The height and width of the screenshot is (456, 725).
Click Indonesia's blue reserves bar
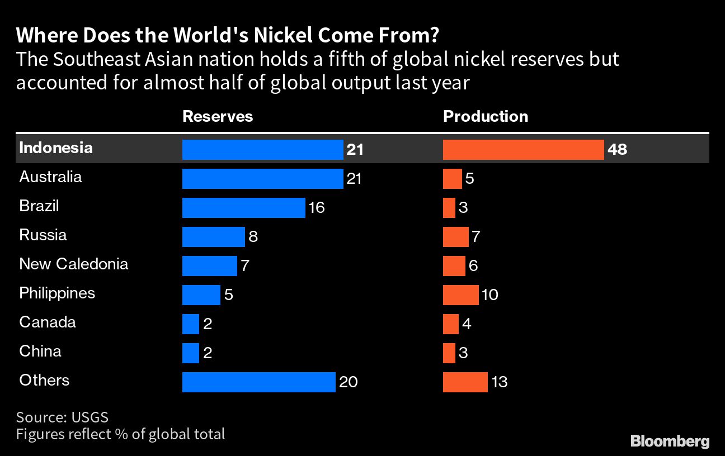pos(262,150)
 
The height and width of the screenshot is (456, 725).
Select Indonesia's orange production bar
pos(523,150)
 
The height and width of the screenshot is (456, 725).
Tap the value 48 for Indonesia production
pos(617,150)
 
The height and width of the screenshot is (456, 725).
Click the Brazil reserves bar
pos(243,208)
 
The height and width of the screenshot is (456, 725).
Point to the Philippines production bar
pos(460,295)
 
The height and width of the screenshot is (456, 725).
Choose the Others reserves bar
pos(258,382)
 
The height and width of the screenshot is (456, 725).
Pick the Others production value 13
pos(499,382)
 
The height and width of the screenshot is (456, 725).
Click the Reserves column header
pos(218,116)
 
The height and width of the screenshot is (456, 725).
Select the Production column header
pos(486,116)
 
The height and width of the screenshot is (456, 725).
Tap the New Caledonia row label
pos(74,264)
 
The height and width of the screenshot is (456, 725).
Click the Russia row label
pos(43,235)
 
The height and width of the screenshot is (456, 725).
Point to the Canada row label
pos(48,322)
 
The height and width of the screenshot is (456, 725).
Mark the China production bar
pos(449,353)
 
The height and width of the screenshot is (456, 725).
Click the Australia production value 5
pos(469,179)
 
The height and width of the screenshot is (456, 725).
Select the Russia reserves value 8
pos(253,237)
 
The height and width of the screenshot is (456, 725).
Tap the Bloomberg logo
pos(670,441)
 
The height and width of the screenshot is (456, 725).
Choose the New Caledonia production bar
pos(454,266)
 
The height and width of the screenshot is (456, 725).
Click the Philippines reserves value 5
pos(228,295)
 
